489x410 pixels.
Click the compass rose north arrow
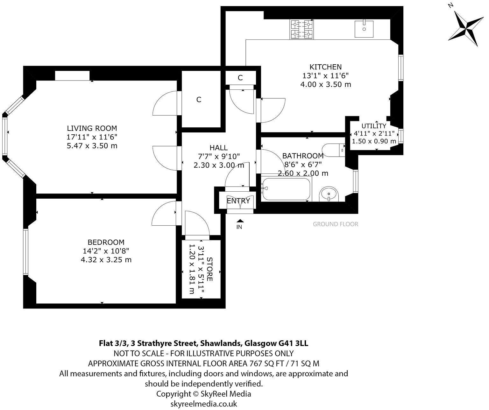[466, 28]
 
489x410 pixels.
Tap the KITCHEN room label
[325, 67]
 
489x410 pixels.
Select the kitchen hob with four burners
[301, 30]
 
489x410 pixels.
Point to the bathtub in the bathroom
[286, 189]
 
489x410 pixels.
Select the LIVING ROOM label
[92, 128]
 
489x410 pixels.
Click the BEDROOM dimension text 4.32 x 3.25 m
[106, 260]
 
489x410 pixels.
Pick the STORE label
[209, 269]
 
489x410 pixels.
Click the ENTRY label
[238, 201]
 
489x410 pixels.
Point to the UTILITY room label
[374, 126]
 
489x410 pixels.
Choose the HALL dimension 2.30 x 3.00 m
[219, 165]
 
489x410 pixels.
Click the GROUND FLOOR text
[335, 224]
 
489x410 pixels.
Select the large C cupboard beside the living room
[199, 100]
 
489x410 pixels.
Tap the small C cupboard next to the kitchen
[240, 78]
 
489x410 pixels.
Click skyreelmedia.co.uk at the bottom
[204, 404]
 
